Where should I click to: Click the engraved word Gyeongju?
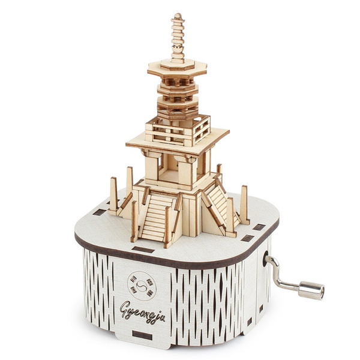(142, 311)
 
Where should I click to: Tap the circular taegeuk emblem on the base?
(142, 286)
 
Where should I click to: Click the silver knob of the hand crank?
(311, 290)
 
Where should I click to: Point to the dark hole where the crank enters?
(265, 259)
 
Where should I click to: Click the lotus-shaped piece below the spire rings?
(178, 49)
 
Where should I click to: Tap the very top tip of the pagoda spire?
(178, 14)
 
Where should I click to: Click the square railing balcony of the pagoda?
(178, 131)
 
